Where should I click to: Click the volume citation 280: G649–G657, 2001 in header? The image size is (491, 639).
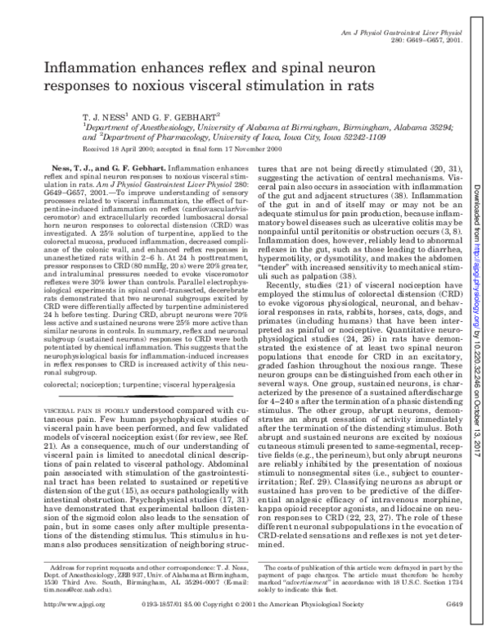[x=430, y=40]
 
